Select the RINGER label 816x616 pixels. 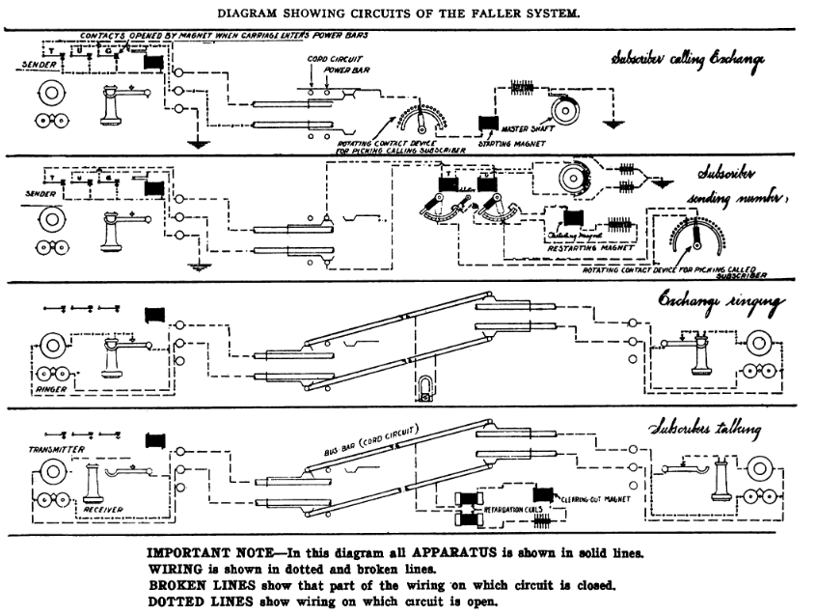pyautogui.click(x=48, y=390)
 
